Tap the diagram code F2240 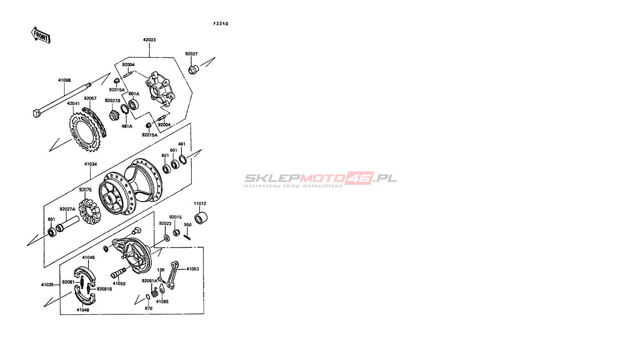point(220,24)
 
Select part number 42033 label point(149,40)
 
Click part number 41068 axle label point(64,80)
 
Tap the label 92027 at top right point(192,54)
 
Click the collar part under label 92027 point(193,69)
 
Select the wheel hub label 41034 point(90,164)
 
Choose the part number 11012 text point(200,204)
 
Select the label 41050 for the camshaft point(119,284)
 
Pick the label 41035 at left point(47,285)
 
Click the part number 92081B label point(104,289)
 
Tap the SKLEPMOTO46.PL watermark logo point(321,179)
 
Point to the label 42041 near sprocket point(73,103)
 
